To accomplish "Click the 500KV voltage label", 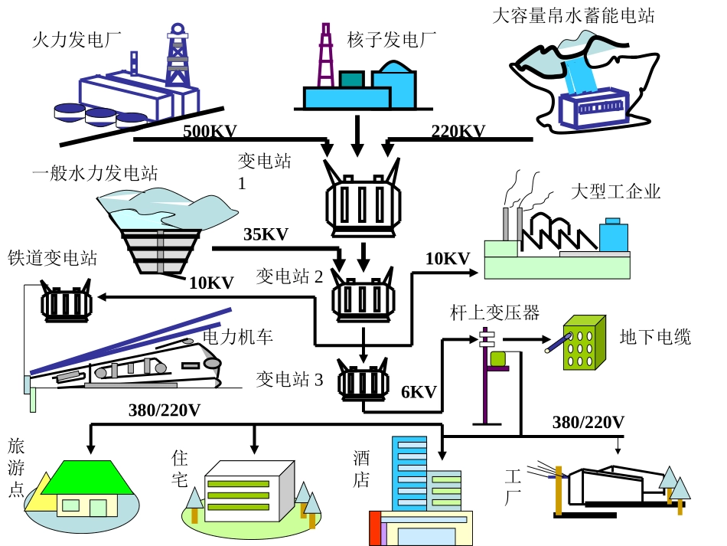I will point(210,131).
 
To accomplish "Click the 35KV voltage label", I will point(266,234).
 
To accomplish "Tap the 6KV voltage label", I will point(419,392).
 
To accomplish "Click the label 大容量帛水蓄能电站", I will point(573,15).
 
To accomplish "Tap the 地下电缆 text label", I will point(655,337).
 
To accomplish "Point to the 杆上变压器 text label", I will point(494,312).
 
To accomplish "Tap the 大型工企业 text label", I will point(615,191).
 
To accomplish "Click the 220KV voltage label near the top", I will point(458,131).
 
